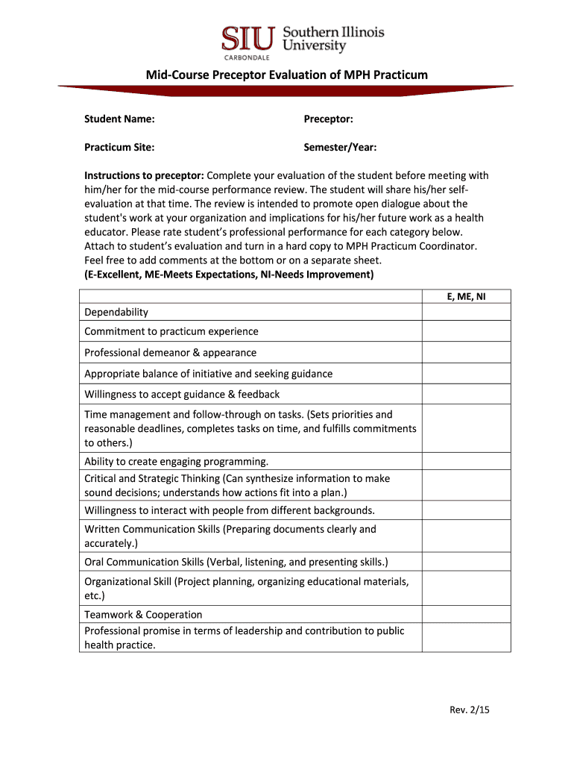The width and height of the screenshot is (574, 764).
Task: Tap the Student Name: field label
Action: (x=119, y=119)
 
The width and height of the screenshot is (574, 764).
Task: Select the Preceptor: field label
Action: (x=328, y=119)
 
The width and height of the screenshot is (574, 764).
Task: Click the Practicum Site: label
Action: (x=119, y=148)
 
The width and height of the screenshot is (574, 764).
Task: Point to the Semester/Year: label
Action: (x=340, y=148)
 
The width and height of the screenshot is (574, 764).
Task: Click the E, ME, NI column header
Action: (x=466, y=296)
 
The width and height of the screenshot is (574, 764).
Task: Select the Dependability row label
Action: (x=116, y=312)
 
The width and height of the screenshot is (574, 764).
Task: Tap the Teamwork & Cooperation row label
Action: (x=143, y=615)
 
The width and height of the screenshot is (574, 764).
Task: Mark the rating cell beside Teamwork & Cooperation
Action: (x=466, y=615)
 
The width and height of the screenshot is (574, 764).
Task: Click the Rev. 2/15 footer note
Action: (x=470, y=710)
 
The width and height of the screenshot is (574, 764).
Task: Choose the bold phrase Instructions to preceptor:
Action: (x=144, y=176)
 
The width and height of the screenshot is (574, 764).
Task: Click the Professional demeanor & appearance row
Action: (x=170, y=353)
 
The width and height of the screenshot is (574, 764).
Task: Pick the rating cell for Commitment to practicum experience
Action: (x=466, y=332)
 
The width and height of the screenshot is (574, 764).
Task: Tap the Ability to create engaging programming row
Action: (x=176, y=461)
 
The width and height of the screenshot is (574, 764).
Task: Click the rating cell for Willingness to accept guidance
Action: (x=466, y=394)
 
